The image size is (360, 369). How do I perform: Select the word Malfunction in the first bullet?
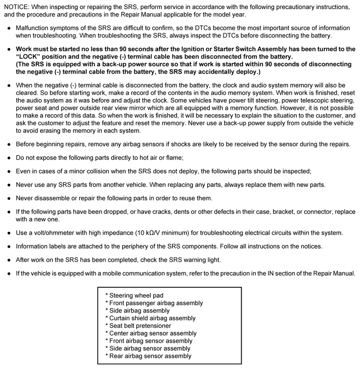(x=34, y=28)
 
